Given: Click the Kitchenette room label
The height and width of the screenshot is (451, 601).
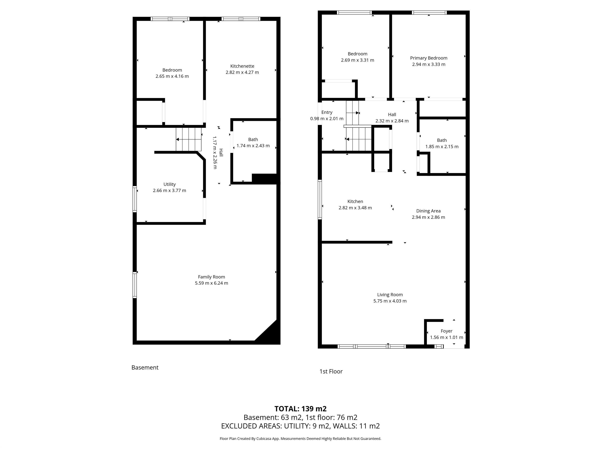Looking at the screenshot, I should coord(242,66).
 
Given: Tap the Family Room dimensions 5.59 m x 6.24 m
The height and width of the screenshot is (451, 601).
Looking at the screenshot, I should coord(211,283).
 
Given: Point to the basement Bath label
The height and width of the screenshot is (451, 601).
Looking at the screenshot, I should coord(253,139).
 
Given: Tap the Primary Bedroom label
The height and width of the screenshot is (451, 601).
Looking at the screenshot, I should coord(428,58).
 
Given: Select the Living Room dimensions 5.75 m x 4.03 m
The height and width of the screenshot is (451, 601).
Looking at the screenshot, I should coord(390,301).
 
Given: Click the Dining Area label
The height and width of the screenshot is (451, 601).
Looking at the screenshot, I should coord(428,211).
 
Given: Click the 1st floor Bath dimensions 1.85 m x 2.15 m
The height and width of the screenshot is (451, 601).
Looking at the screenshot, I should coord(442,147).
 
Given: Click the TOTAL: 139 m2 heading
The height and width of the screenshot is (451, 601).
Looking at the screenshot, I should coord(300,409).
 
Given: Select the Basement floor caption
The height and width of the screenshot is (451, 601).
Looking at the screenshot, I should coord(145,368).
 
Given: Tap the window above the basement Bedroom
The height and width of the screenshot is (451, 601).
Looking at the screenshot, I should coord(170,19).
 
